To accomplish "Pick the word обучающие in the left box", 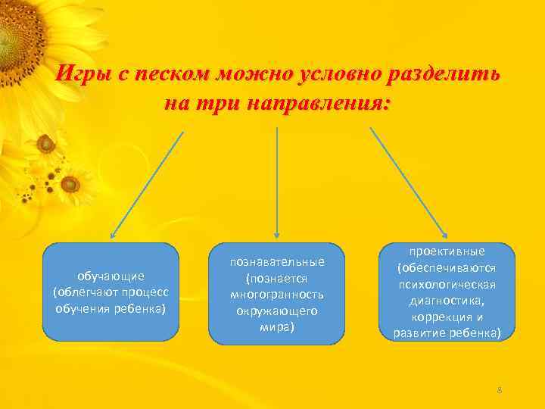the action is click(111, 276).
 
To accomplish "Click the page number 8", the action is click(500, 389).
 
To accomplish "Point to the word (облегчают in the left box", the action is click(83, 292).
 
